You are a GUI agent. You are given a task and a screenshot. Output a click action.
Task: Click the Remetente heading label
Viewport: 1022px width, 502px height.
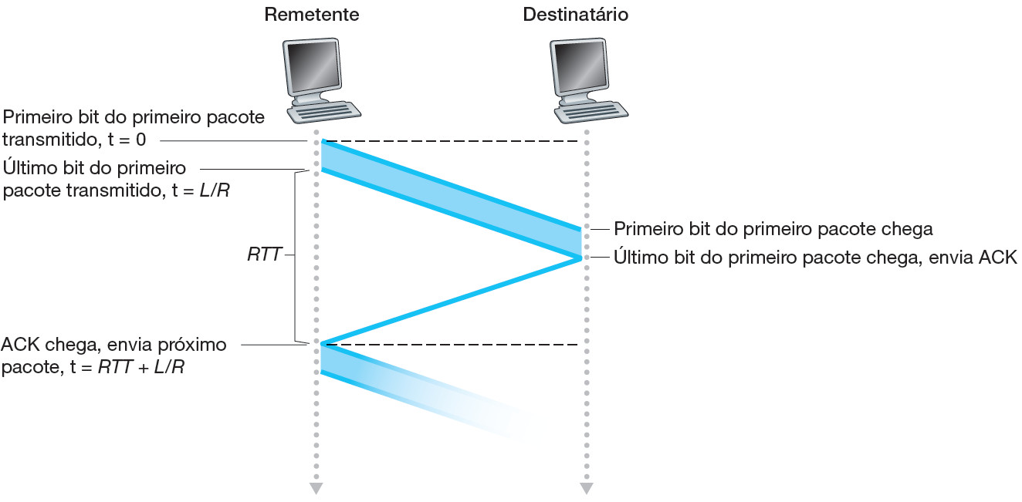311,15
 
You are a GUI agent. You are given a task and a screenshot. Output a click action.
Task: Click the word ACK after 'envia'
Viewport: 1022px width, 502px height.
998,258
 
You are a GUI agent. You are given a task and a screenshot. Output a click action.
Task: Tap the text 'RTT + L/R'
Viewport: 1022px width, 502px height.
140,368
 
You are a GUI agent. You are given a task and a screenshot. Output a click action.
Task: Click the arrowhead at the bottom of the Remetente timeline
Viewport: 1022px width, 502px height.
315,488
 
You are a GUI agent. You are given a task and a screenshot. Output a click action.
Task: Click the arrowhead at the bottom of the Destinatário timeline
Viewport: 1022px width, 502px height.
587,488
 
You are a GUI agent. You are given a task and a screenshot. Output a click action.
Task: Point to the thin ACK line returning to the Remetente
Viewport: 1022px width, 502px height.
452,302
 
